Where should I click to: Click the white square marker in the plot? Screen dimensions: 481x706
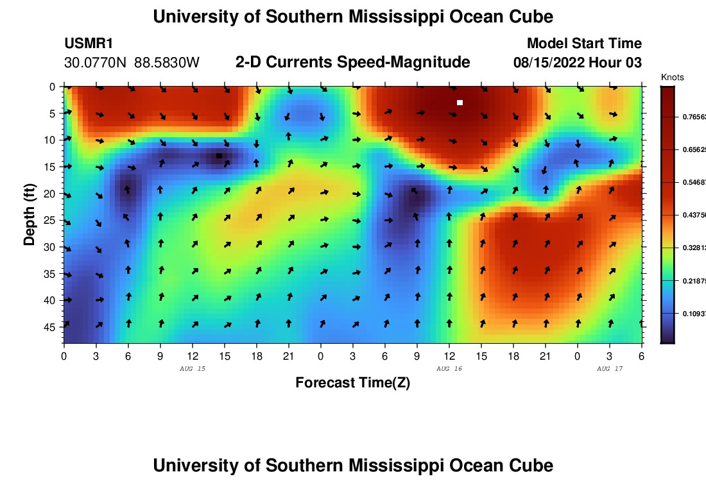point(460,103)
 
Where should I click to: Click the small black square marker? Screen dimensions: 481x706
point(219,156)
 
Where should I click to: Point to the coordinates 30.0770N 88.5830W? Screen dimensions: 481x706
point(132,63)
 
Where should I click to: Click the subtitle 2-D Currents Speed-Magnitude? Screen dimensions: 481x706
point(352,62)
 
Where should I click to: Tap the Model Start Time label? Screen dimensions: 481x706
point(583,44)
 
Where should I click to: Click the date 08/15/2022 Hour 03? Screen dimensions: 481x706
point(577,63)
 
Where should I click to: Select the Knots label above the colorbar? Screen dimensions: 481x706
point(672,77)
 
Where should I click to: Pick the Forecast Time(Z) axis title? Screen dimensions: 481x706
point(352,383)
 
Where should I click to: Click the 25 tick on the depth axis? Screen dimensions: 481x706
point(51,220)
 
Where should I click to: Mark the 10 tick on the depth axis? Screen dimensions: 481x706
point(51,140)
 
